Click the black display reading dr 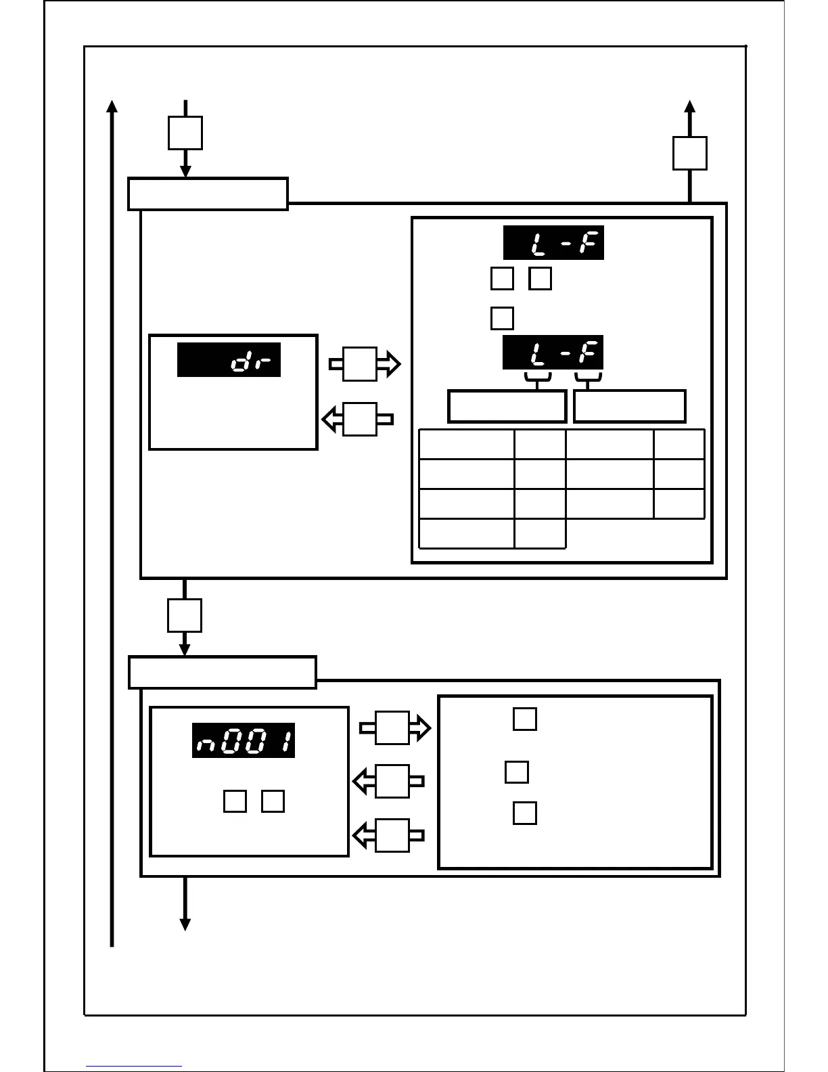tap(229, 359)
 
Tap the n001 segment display tap(244, 740)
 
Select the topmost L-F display tap(553, 242)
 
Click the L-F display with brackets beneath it tap(553, 353)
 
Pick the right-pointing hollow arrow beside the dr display tap(365, 364)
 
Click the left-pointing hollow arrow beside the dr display tap(358, 419)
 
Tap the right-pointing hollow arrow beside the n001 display tap(395, 728)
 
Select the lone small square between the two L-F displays tap(502, 318)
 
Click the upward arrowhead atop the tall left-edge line tap(112, 106)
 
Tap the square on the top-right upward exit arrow tap(689, 154)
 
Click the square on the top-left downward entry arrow tap(185, 133)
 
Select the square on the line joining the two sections tap(184, 615)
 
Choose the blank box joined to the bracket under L tap(507, 406)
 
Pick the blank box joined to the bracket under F tap(630, 406)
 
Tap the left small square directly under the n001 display tap(235, 801)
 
